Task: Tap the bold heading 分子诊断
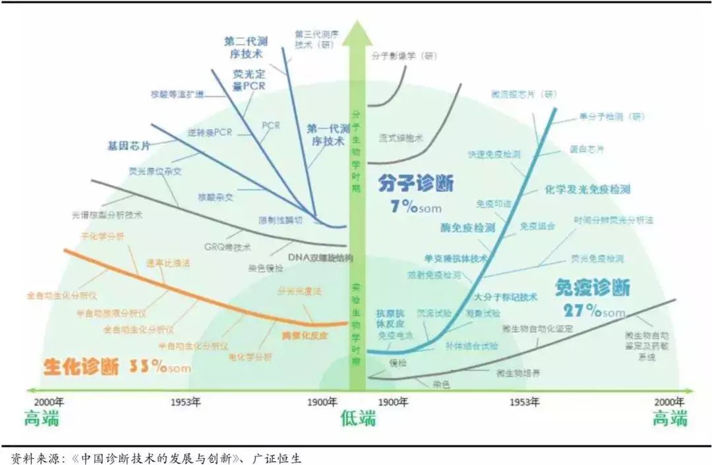coord(415,183)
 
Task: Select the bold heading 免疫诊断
coord(592,288)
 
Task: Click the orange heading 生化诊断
coord(81,367)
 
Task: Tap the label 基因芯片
coord(129,144)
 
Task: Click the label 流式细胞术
coord(400,138)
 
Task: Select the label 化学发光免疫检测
coord(588,189)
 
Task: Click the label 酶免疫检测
coord(467,228)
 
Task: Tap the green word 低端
coord(358,418)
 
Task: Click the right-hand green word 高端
coord(670,418)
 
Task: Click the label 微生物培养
coord(519,373)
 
